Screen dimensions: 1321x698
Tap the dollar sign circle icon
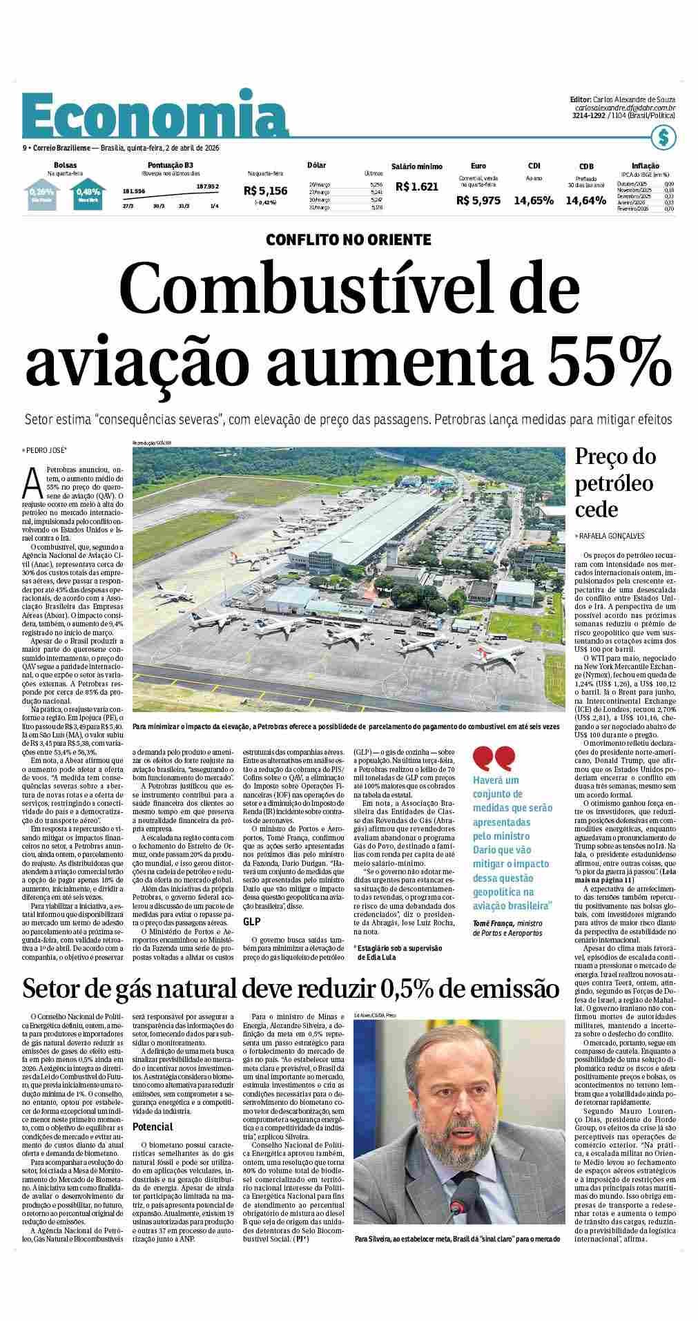663,138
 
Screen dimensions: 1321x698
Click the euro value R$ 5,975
478,200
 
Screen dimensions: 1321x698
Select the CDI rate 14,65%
533,200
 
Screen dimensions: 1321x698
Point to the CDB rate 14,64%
585,200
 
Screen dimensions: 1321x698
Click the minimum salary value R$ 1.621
417,186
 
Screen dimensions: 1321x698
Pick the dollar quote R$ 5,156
266,190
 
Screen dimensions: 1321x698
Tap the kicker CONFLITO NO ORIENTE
349,240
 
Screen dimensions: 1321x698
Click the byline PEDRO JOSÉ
47,450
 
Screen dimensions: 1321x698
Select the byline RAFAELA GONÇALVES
612,537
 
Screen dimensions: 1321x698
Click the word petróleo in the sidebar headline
614,483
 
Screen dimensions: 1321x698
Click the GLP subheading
251,922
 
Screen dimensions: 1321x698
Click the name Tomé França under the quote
494,923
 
